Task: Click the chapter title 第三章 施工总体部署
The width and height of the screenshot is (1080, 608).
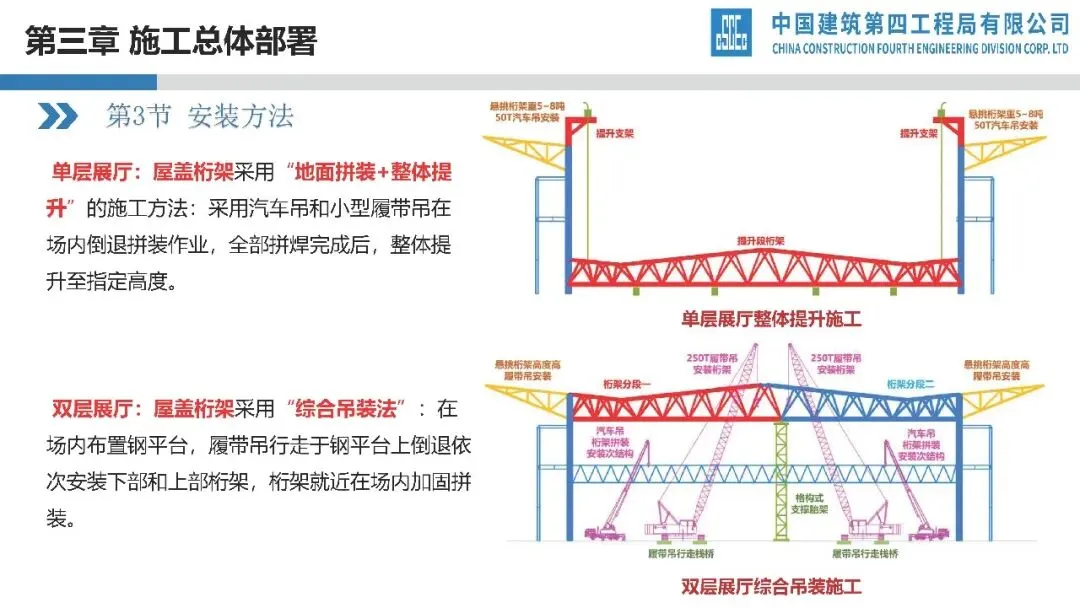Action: pyautogui.click(x=169, y=41)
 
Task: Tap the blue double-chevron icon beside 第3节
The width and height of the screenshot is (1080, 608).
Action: pyautogui.click(x=58, y=116)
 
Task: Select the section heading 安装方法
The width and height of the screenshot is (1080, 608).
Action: pyautogui.click(x=240, y=116)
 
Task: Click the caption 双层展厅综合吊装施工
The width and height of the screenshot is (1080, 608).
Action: pyautogui.click(x=771, y=586)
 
